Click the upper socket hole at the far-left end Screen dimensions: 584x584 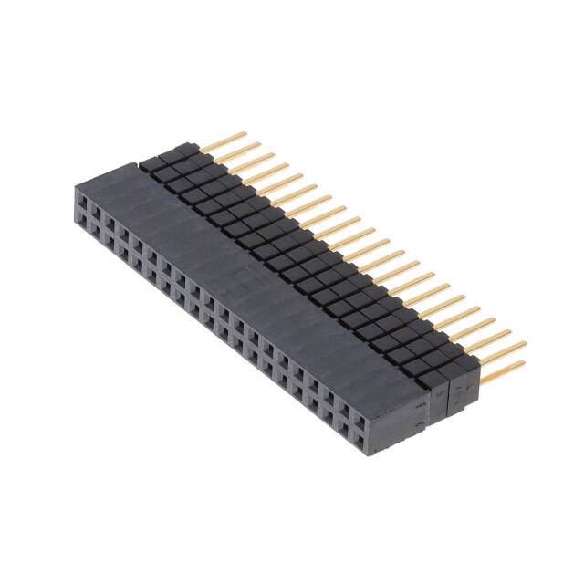click(x=83, y=198)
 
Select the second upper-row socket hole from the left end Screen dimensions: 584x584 click(x=97, y=208)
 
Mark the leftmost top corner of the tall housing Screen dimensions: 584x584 click(x=75, y=186)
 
